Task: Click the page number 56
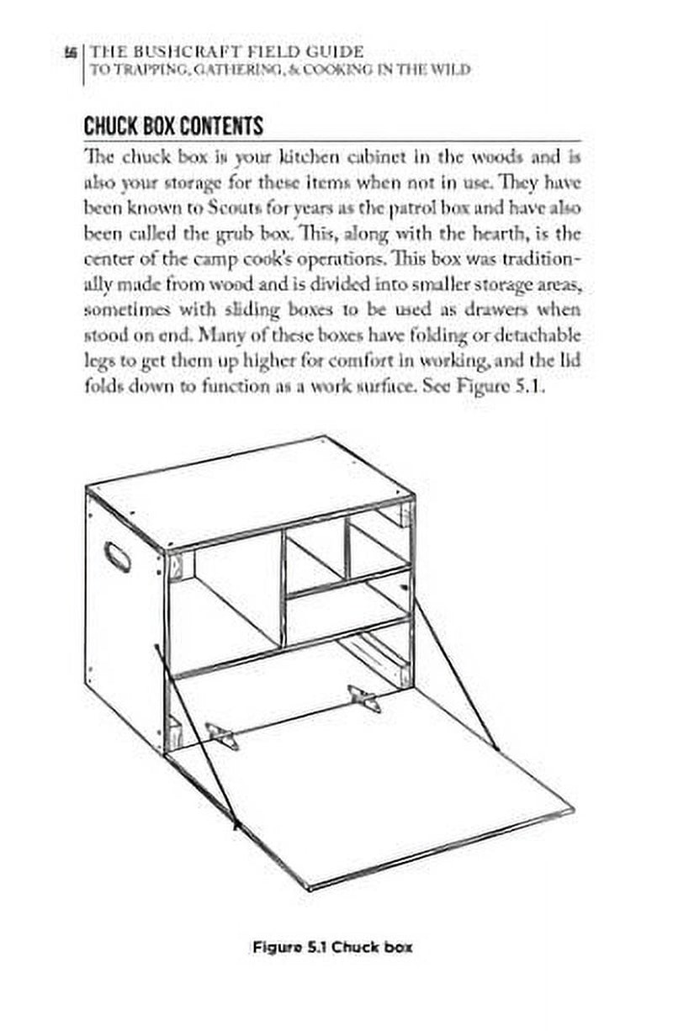(x=72, y=52)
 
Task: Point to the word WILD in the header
(x=449, y=71)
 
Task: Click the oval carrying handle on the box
(x=116, y=557)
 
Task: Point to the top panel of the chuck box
(x=252, y=492)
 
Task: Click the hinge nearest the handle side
(x=221, y=734)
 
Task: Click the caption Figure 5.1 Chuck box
(x=333, y=947)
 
